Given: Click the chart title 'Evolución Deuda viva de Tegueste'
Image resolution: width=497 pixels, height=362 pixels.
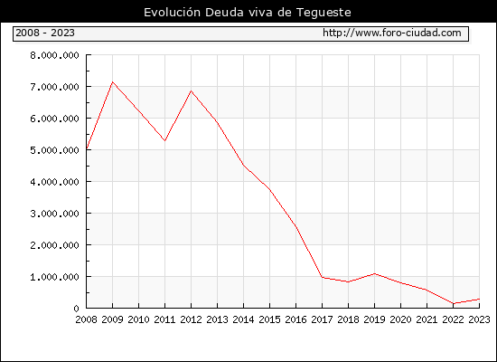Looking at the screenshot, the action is coord(248,13).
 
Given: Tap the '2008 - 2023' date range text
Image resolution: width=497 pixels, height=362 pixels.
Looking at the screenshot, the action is coord(45,33).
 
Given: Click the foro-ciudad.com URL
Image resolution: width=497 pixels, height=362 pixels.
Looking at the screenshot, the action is coord(392,33).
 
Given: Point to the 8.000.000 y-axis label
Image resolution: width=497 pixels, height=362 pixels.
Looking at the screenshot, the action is coord(54,55).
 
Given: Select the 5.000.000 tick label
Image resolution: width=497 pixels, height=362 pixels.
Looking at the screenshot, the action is coord(54,150).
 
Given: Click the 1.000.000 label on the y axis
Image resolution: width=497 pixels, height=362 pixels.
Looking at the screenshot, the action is coord(54,277).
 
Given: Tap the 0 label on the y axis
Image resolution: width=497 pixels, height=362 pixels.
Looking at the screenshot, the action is coord(76,309).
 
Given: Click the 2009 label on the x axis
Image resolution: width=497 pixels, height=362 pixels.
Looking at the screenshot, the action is coord(113,319).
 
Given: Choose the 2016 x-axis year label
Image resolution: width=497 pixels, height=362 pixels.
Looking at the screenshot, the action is coord(295,319).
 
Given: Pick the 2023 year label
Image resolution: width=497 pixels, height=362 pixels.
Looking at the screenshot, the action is coord(479,319).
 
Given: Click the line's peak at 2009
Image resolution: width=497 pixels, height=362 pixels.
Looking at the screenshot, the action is coord(113,82).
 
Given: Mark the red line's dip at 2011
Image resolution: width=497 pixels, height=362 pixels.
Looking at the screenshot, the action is coord(164,140).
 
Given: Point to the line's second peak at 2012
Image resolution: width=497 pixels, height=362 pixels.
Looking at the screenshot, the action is coord(192,90).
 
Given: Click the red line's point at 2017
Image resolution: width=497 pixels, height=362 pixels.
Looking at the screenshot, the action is coord(322,277).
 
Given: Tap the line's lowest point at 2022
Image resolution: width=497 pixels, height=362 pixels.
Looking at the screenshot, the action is coord(454,303).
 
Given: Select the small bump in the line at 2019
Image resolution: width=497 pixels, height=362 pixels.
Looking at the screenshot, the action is coord(375,273).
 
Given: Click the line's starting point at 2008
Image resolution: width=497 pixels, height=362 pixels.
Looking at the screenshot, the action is coord(87,148).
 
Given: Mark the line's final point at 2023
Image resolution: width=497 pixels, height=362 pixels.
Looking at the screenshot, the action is coord(479,299).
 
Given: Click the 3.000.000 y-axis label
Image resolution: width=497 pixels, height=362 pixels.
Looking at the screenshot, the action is coord(54,214).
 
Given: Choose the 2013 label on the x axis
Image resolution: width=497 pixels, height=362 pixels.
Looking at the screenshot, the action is coord(217,319).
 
